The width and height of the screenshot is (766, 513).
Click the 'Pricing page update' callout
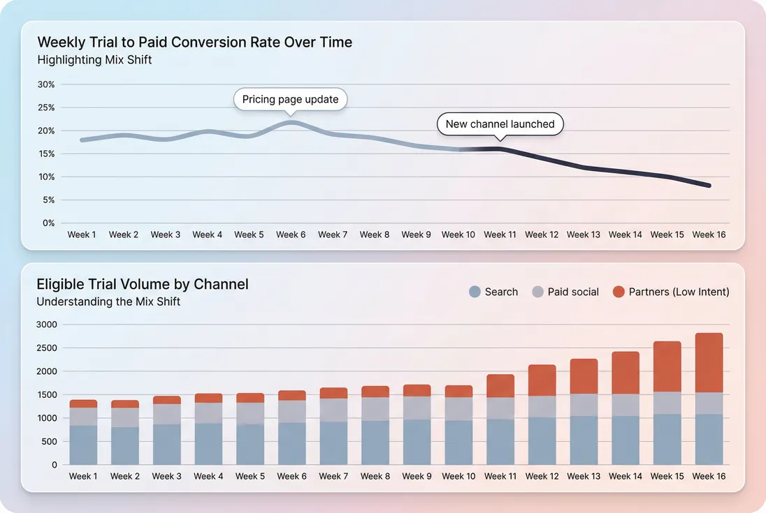pyautogui.click(x=290, y=100)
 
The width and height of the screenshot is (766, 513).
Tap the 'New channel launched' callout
pyautogui.click(x=500, y=124)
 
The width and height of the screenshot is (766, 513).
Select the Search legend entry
pyautogui.click(x=493, y=292)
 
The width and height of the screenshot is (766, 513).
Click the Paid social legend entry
pyautogui.click(x=565, y=292)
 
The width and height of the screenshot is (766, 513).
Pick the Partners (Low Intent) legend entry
pyautogui.click(x=670, y=292)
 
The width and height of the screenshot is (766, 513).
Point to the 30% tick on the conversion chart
pyautogui.click(x=46, y=84)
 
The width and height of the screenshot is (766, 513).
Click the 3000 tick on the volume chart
pyautogui.click(x=46, y=325)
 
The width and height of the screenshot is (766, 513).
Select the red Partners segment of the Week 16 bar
pyautogui.click(x=709, y=362)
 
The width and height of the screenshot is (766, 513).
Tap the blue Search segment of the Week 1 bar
pyautogui.click(x=83, y=445)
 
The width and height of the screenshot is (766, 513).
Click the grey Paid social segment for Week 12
pyautogui.click(x=542, y=406)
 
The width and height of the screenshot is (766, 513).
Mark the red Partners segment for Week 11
pyautogui.click(x=500, y=386)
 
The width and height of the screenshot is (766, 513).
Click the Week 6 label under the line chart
pyautogui.click(x=291, y=235)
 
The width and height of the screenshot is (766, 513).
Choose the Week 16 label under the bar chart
pyautogui.click(x=709, y=476)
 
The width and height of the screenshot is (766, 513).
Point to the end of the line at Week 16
pyautogui.click(x=709, y=186)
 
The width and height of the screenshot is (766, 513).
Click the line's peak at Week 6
pyautogui.click(x=291, y=122)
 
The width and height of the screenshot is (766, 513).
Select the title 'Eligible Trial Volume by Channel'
pyautogui.click(x=143, y=284)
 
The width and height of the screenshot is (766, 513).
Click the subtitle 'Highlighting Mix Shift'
pyautogui.click(x=94, y=60)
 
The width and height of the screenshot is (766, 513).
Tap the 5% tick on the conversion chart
pyautogui.click(x=48, y=200)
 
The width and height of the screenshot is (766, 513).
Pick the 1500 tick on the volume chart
pyautogui.click(x=46, y=395)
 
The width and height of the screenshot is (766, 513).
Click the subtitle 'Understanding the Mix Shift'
pyautogui.click(x=108, y=302)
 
